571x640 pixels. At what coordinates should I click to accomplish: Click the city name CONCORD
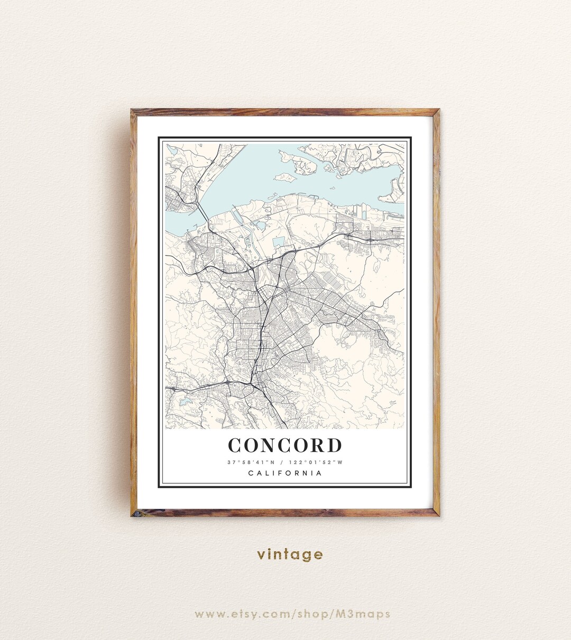(x=285, y=445)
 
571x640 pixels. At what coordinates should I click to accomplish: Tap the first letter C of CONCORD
(x=235, y=445)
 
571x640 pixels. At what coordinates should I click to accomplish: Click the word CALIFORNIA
(x=285, y=473)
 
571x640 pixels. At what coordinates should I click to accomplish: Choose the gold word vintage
(x=290, y=554)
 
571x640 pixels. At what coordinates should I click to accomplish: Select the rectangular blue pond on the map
(x=279, y=242)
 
